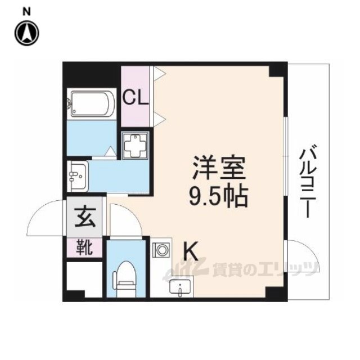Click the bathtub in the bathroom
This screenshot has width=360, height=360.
[x=90, y=105]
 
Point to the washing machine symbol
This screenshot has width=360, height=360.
[x=136, y=147]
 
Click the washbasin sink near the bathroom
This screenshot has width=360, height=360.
[x=78, y=176]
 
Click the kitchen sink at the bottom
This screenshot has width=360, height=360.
[x=179, y=287]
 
